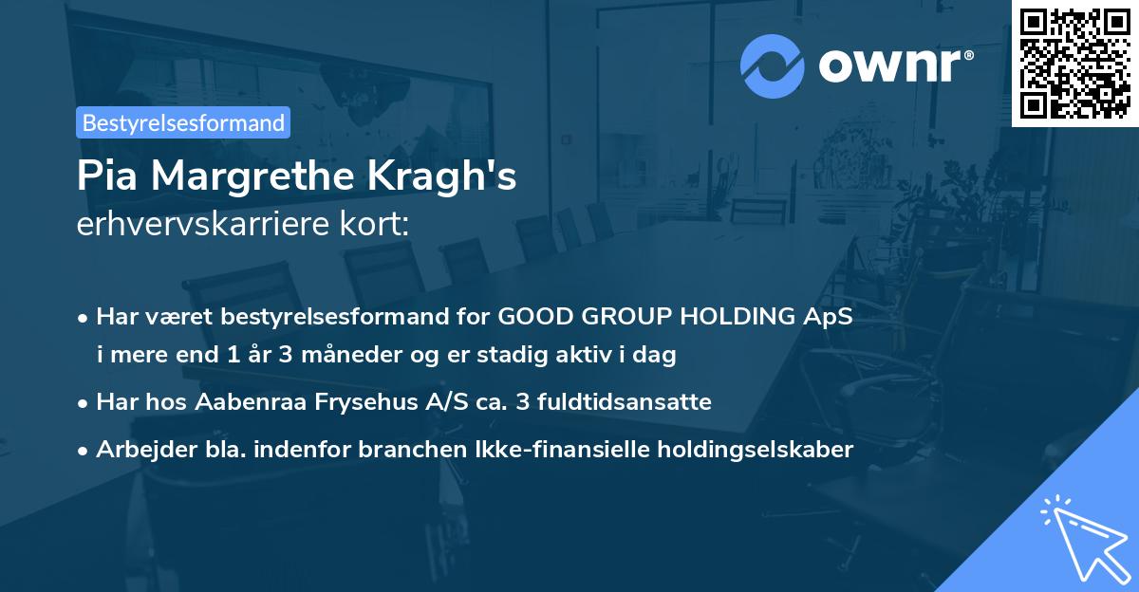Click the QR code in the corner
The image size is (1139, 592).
(x=1074, y=64)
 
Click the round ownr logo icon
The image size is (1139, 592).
(x=773, y=65)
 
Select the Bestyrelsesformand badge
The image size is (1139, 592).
(x=183, y=122)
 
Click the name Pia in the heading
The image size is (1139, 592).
(x=108, y=177)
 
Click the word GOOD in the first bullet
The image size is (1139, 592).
(x=533, y=317)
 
